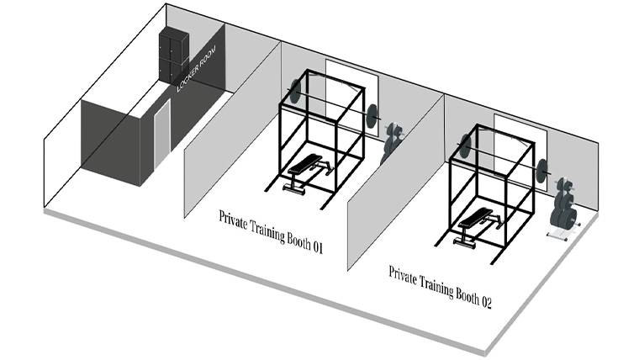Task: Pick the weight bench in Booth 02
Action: click(x=476, y=225)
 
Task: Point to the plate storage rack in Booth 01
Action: click(x=392, y=144)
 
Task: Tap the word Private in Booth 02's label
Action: click(x=404, y=274)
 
